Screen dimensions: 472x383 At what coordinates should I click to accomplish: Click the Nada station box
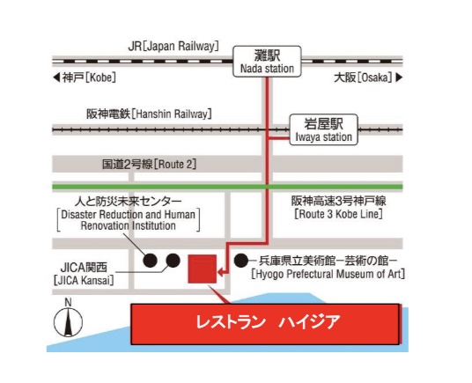coord(267,62)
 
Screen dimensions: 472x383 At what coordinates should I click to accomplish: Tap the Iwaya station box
coord(323,129)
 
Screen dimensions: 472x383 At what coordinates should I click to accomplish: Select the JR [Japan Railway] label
coord(173,47)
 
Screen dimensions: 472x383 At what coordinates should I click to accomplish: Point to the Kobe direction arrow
coord(56,77)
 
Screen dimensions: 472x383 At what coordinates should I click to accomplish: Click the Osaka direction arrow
coord(399,77)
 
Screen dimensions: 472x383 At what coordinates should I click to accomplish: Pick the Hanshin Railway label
coord(149,114)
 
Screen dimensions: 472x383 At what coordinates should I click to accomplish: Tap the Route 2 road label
coord(150,165)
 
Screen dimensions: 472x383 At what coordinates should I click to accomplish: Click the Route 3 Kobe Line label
coord(339,208)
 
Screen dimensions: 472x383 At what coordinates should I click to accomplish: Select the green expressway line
coord(227,187)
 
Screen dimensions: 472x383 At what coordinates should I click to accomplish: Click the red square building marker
coord(203,269)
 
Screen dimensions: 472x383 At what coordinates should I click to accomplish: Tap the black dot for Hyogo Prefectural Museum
coord(241,261)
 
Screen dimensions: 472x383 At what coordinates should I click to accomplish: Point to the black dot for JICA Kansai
coord(173,261)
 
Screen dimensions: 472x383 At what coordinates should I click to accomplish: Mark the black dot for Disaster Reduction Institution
coord(151,261)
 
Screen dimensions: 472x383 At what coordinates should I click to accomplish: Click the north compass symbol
coord(69,322)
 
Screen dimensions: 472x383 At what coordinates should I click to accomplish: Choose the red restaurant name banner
coord(266,324)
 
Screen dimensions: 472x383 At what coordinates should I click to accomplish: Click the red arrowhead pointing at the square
coord(220,273)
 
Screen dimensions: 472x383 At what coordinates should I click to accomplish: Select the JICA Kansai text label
coord(84,274)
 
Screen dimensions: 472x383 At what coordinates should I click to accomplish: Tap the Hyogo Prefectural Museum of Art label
coord(328,267)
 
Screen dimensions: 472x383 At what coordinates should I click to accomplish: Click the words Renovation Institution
coord(129,225)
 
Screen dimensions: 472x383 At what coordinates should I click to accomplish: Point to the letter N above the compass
coord(69,302)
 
